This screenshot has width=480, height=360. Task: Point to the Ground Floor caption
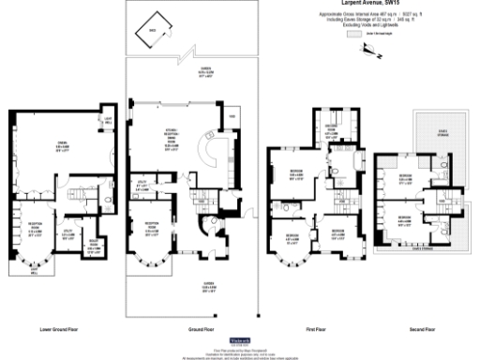(x=193, y=330)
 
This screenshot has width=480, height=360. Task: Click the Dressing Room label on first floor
(x=330, y=130)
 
